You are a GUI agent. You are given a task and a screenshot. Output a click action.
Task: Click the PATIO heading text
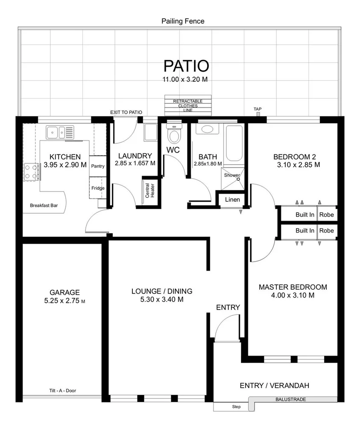coord(186,66)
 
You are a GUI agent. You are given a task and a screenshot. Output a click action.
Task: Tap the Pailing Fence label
coord(183,21)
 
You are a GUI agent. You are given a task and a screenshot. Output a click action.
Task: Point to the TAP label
coord(258,109)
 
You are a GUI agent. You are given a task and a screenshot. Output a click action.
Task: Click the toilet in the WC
coord(173,135)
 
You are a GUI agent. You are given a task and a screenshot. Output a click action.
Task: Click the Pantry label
coord(97,166)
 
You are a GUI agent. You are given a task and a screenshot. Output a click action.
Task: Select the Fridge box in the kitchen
coord(97,188)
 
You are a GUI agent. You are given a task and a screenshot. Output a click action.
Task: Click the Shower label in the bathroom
coord(232,175)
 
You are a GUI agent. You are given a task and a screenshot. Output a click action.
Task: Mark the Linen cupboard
coord(232,200)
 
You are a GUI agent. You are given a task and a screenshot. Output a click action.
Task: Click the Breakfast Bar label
coord(44,206)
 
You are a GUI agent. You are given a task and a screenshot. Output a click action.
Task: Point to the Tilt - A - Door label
coord(63,390)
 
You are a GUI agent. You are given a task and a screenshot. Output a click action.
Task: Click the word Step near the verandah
coord(236,407)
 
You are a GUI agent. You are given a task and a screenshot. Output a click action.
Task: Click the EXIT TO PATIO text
coord(126,112)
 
